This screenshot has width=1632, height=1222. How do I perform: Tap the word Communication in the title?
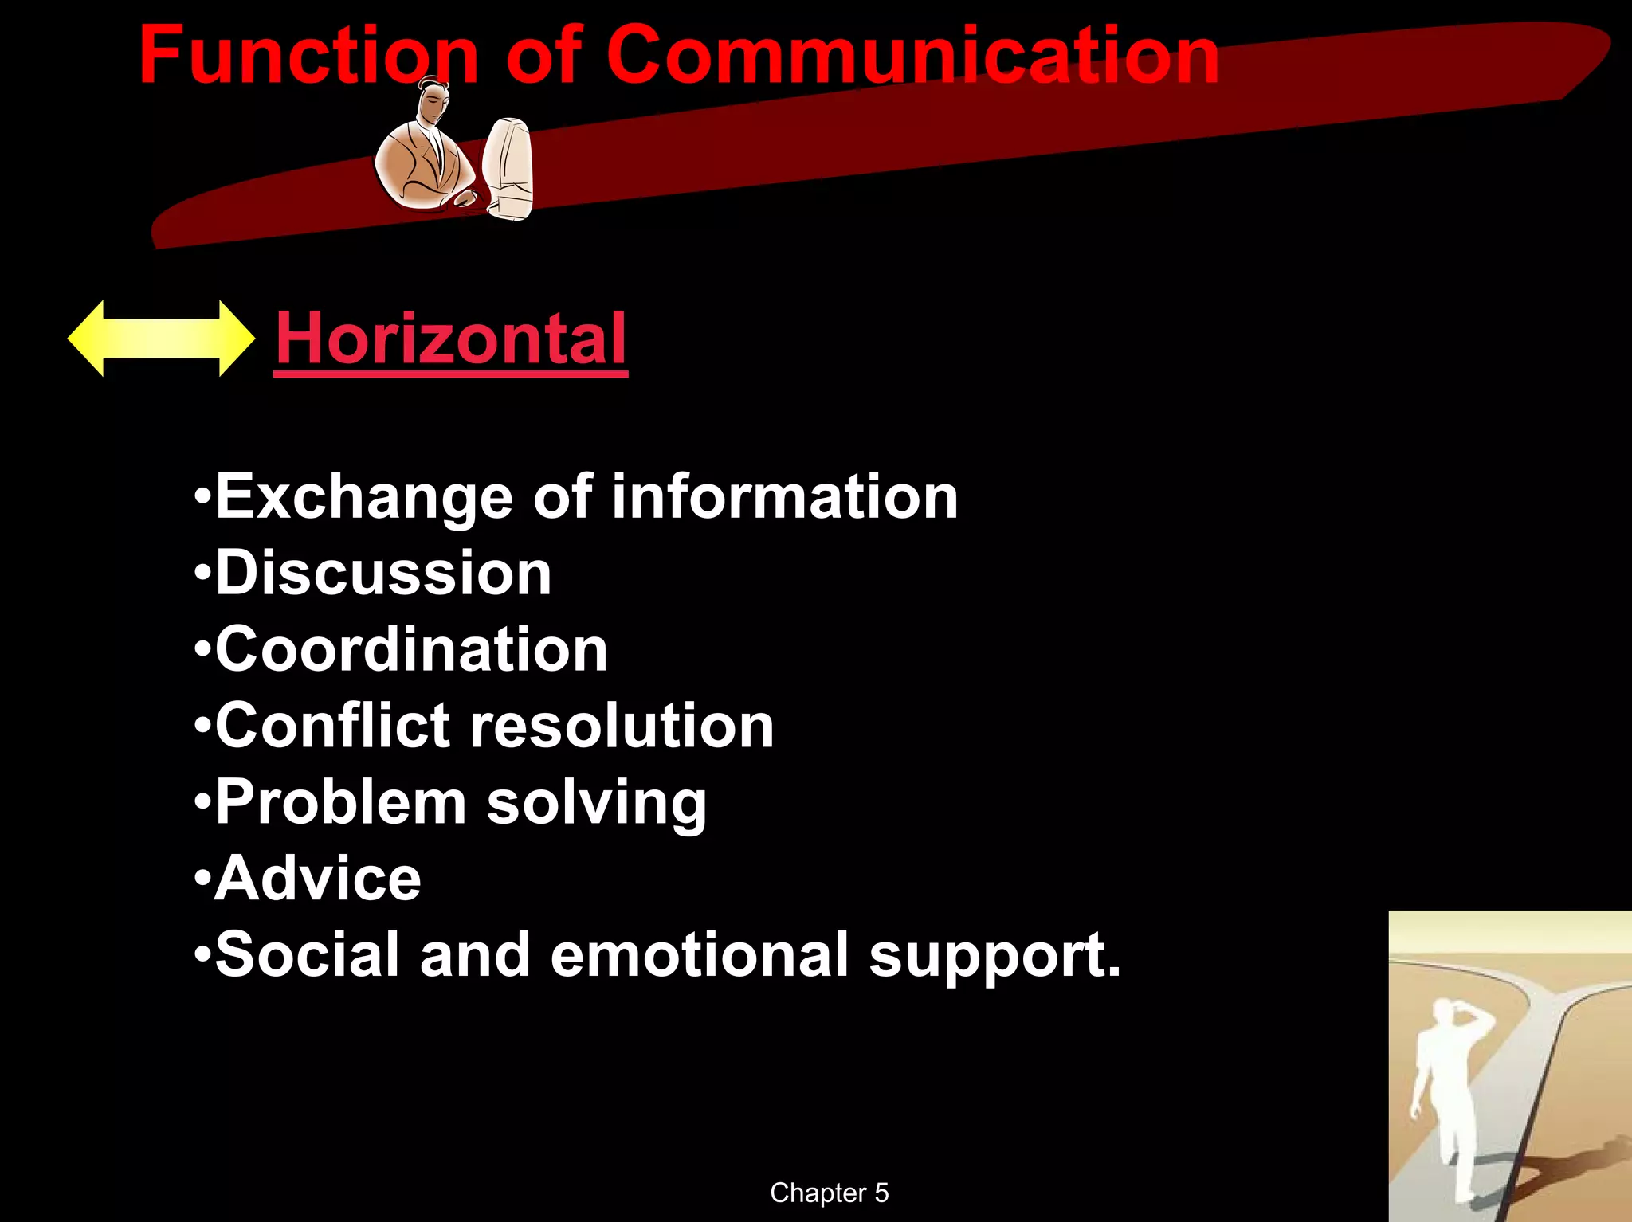coord(912,56)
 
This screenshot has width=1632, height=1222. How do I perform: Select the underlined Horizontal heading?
coord(451,339)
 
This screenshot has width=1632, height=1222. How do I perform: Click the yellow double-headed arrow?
coord(161,339)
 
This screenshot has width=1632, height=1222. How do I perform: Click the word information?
coord(784,496)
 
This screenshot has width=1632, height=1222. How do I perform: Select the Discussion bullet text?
coord(383,573)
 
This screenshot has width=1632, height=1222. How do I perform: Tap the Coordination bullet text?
coord(411,649)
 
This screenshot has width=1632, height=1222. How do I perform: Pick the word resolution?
coord(622,726)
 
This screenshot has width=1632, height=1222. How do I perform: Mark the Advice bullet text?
coord(318,879)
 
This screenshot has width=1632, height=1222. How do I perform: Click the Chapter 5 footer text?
coord(829,1193)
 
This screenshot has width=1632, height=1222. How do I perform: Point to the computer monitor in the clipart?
coord(508,167)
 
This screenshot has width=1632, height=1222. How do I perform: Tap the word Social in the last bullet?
coord(307,955)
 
